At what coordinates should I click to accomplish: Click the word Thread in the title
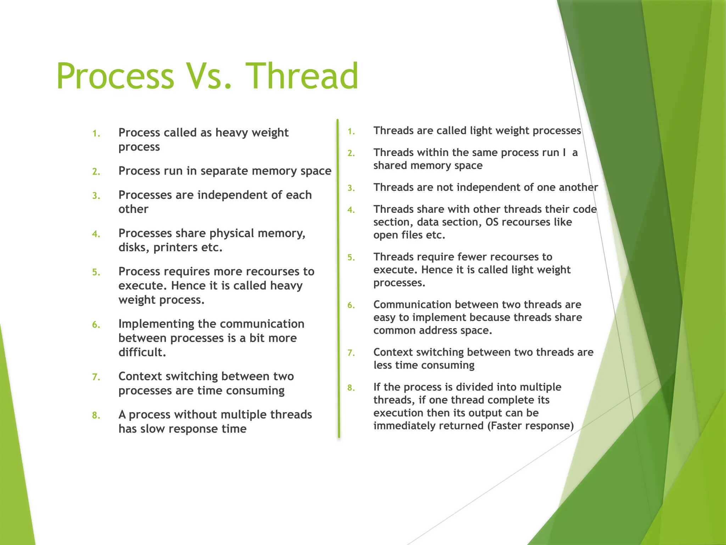[x=302, y=76]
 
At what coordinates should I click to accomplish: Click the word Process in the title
[x=115, y=76]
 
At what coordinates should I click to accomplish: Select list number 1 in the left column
[x=96, y=134]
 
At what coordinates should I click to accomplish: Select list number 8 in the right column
[x=351, y=388]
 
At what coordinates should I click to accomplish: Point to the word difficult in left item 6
[x=142, y=352]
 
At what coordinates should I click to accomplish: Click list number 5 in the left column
[x=96, y=272]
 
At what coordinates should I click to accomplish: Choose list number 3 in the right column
[x=351, y=188]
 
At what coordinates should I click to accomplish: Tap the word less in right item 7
[x=382, y=365]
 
